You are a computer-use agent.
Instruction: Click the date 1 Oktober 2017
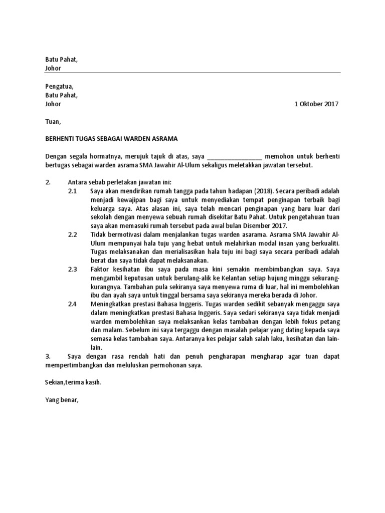(316, 104)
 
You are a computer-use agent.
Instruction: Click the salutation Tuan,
(53, 121)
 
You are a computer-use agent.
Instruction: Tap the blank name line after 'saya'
(234, 156)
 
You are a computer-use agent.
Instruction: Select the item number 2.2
(73, 234)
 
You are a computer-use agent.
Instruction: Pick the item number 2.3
(73, 269)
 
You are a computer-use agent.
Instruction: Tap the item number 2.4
(73, 304)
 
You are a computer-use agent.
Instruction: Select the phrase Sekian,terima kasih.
(73, 382)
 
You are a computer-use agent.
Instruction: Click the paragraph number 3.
(48, 356)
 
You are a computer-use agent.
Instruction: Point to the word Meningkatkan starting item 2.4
(113, 304)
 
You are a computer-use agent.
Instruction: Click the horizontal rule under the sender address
(193, 73)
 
